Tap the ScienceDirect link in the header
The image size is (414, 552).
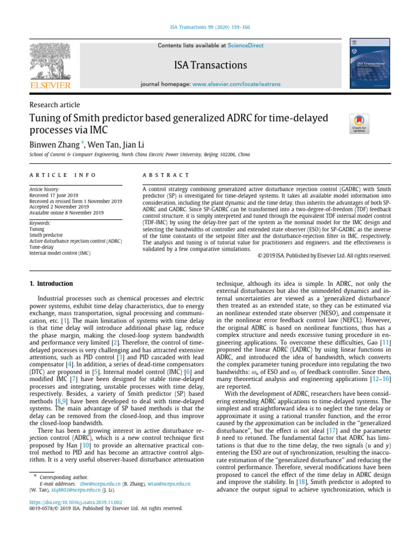[x=246, y=45]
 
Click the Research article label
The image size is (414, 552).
[x=54, y=105]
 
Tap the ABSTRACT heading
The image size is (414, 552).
[x=166, y=175]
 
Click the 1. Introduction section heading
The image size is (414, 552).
[x=51, y=284]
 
